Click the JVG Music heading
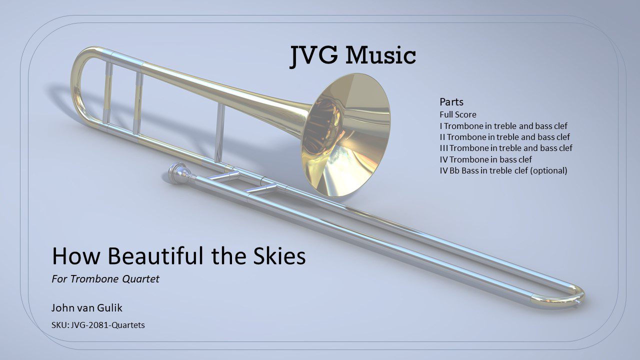353,56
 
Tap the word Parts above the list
451,102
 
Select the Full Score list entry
458,114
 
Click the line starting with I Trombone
503,126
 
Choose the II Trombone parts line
504,137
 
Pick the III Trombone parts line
506,148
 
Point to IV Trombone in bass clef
485,159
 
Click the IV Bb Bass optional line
503,170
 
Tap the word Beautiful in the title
155,255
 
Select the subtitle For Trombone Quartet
105,279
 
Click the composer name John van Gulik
87,308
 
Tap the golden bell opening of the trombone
345,135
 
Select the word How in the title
76,255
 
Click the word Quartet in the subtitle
140,279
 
